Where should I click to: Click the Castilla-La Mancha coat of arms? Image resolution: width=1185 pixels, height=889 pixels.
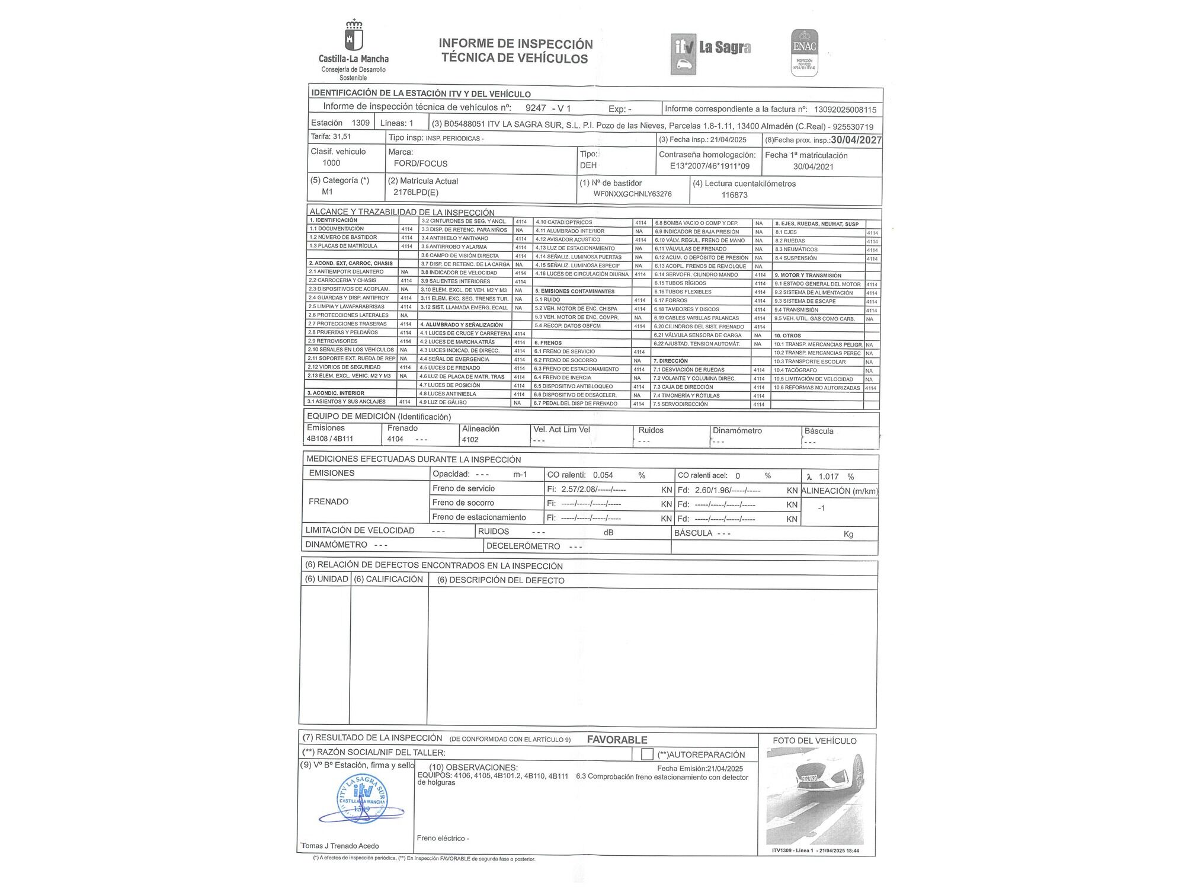354,36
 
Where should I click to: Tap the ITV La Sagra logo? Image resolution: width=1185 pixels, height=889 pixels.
711,53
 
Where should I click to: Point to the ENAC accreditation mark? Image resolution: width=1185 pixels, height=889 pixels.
805,52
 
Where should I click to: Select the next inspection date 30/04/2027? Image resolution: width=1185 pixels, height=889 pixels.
856,140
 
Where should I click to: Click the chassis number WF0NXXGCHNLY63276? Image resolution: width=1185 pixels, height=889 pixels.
632,194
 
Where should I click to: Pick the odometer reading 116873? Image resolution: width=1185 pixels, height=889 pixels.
734,195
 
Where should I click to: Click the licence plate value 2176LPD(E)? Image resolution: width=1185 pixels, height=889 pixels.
416,193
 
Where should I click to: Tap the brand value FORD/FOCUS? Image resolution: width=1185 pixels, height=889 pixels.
421,164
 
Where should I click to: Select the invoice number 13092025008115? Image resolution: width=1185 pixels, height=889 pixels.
845,110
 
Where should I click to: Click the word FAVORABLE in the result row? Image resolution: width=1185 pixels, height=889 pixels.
617,740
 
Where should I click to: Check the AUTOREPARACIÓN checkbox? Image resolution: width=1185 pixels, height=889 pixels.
647,754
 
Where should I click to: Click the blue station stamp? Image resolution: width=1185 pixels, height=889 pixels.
361,800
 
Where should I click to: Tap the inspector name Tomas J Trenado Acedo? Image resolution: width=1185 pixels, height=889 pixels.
340,846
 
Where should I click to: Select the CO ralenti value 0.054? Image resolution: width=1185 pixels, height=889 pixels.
603,475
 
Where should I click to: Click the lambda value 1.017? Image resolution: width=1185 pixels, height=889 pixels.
828,477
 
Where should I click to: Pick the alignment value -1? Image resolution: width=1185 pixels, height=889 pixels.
821,508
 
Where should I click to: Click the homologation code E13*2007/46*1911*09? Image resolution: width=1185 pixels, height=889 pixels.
709,167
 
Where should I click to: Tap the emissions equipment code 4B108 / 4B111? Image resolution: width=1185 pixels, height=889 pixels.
330,439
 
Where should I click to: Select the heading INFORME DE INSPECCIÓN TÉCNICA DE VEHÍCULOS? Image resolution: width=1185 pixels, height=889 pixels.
515,51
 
